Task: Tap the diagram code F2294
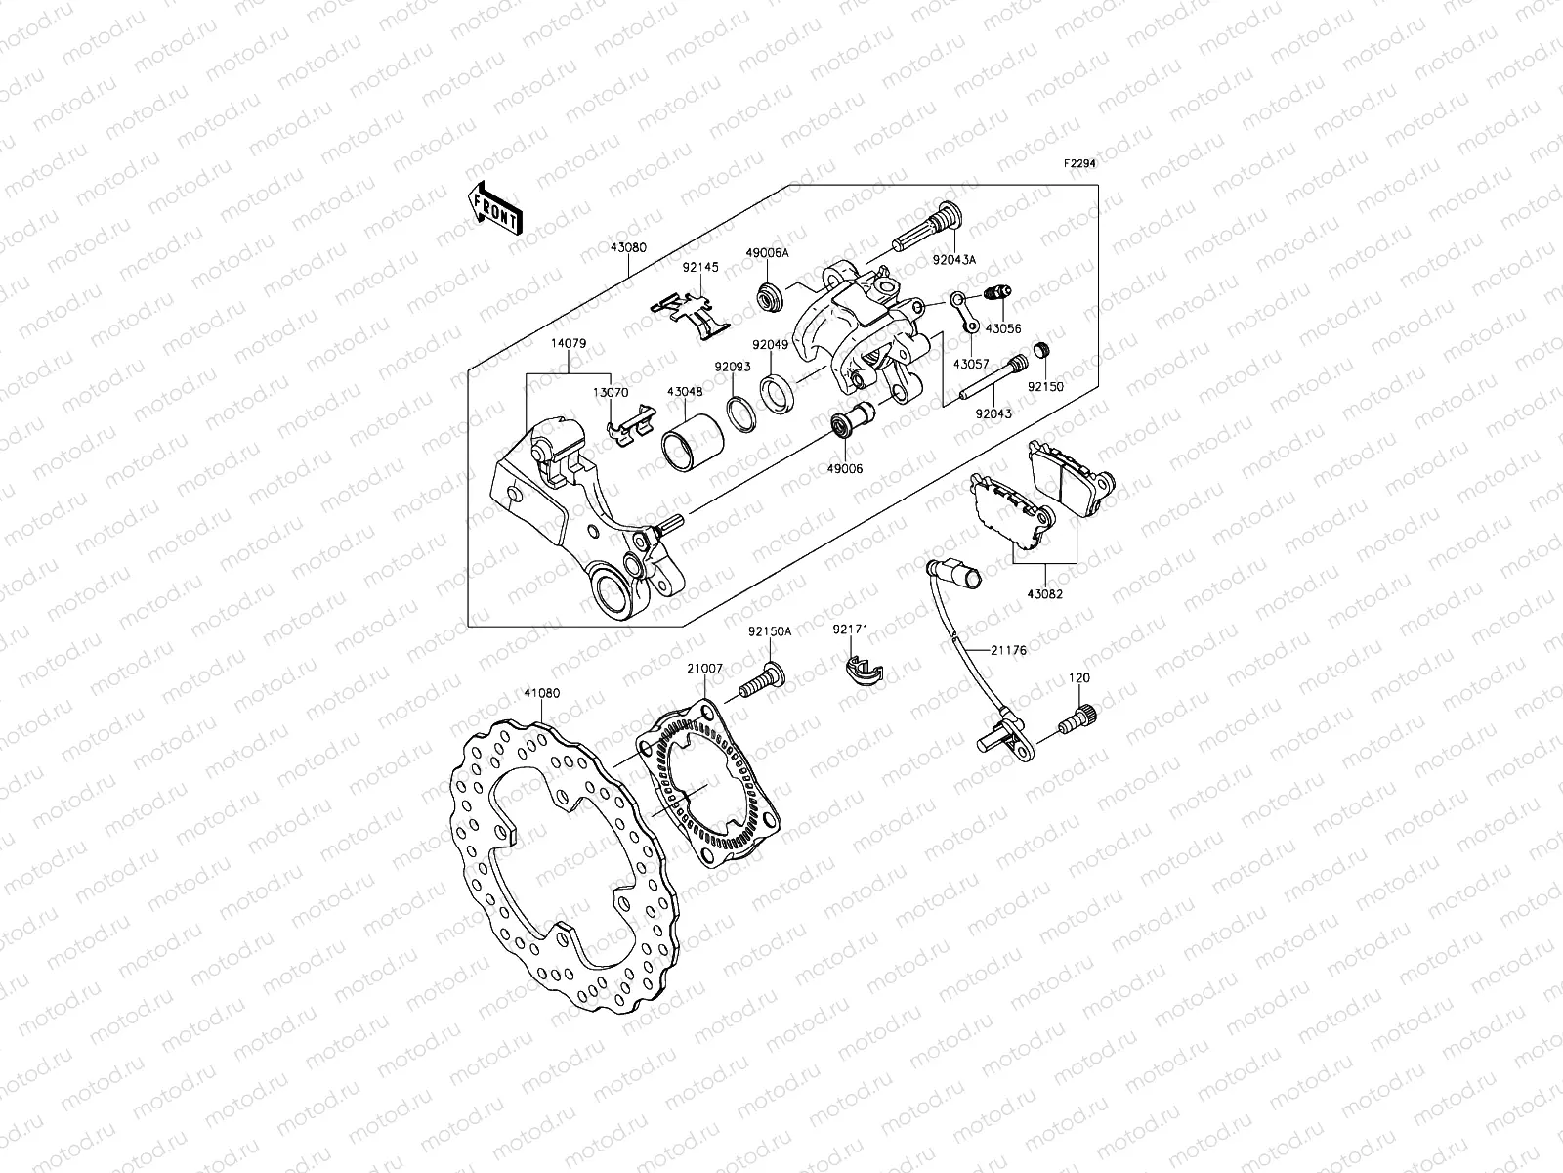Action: (x=1079, y=164)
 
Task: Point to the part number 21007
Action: (x=704, y=668)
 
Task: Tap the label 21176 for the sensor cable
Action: (x=1007, y=649)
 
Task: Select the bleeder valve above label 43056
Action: (x=998, y=291)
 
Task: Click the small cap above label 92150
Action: (x=1042, y=349)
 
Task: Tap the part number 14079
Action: (x=568, y=343)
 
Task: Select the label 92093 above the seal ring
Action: (x=732, y=368)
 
